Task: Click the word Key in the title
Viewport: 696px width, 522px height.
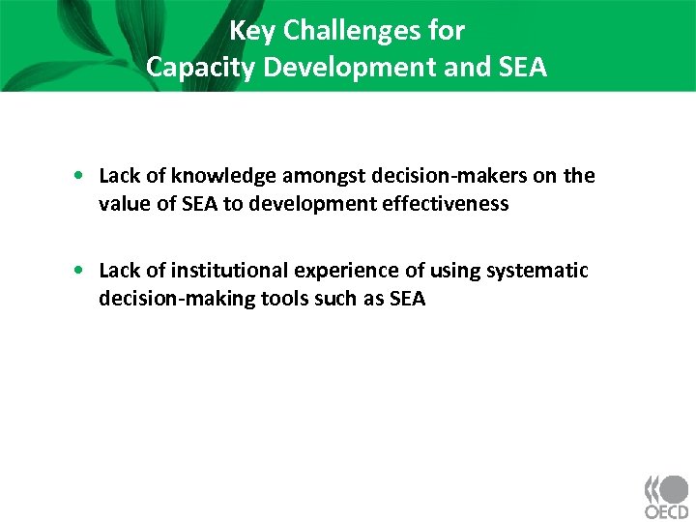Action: [x=250, y=31]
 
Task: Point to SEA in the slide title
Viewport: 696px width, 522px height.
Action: [x=522, y=68]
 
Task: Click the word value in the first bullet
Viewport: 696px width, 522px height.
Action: [x=122, y=204]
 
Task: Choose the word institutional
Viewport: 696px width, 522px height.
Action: [x=218, y=271]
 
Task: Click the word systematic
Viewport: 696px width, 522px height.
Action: [x=536, y=271]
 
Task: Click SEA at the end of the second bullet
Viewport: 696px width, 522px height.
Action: [x=405, y=299]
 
